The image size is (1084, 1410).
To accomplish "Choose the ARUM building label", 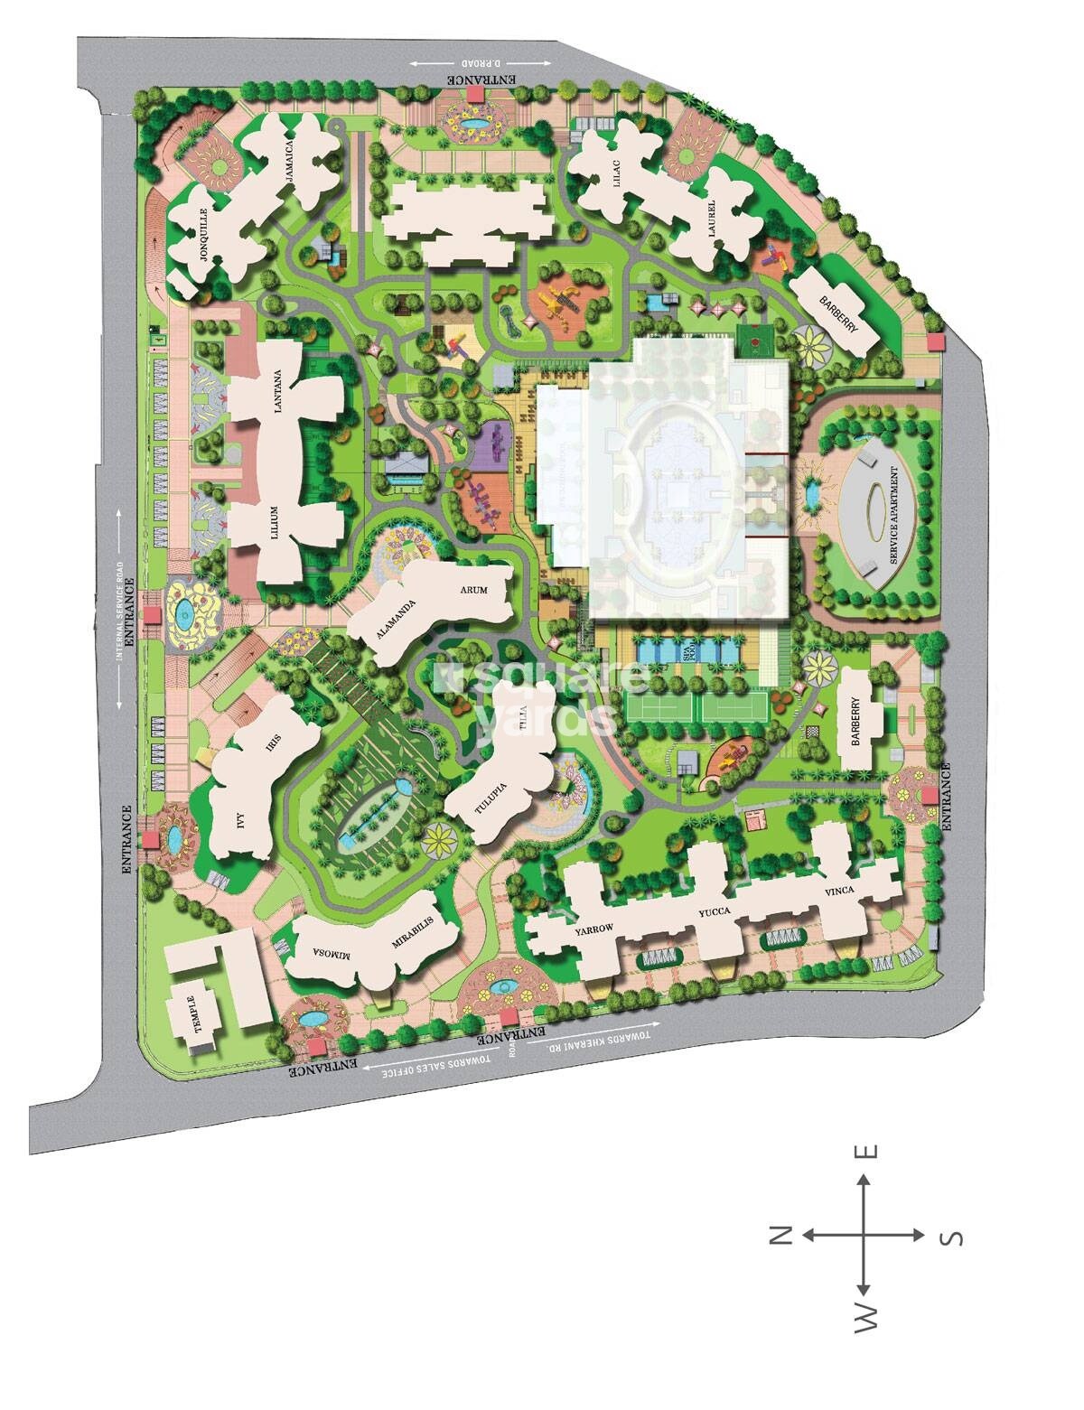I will point(473,591).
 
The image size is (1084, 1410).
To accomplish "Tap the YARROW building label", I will point(593,929).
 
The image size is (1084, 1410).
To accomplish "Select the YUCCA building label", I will point(714,913).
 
